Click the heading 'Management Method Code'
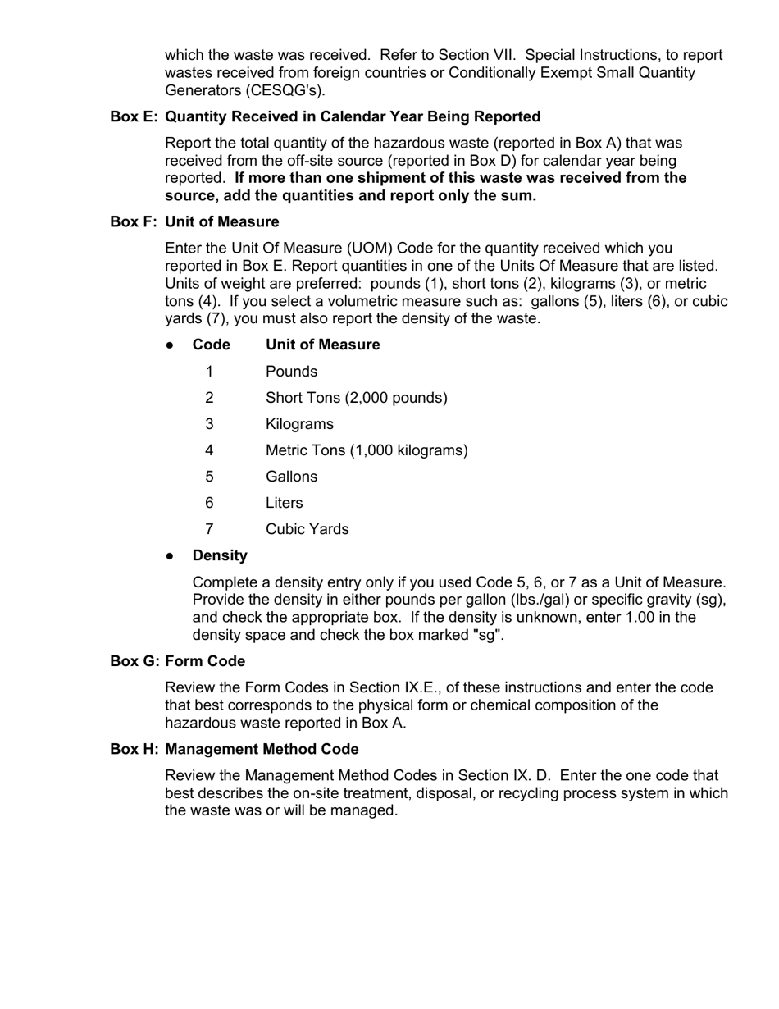point(262,749)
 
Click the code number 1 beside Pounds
point(210,372)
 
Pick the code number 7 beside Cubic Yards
point(210,529)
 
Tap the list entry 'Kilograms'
point(299,424)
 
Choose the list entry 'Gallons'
point(291,477)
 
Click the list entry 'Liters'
point(284,503)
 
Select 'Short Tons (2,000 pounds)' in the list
point(356,398)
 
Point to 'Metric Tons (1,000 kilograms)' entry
point(367,450)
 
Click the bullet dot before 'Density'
point(170,556)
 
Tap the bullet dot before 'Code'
point(170,345)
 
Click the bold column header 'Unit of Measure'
point(322,345)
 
